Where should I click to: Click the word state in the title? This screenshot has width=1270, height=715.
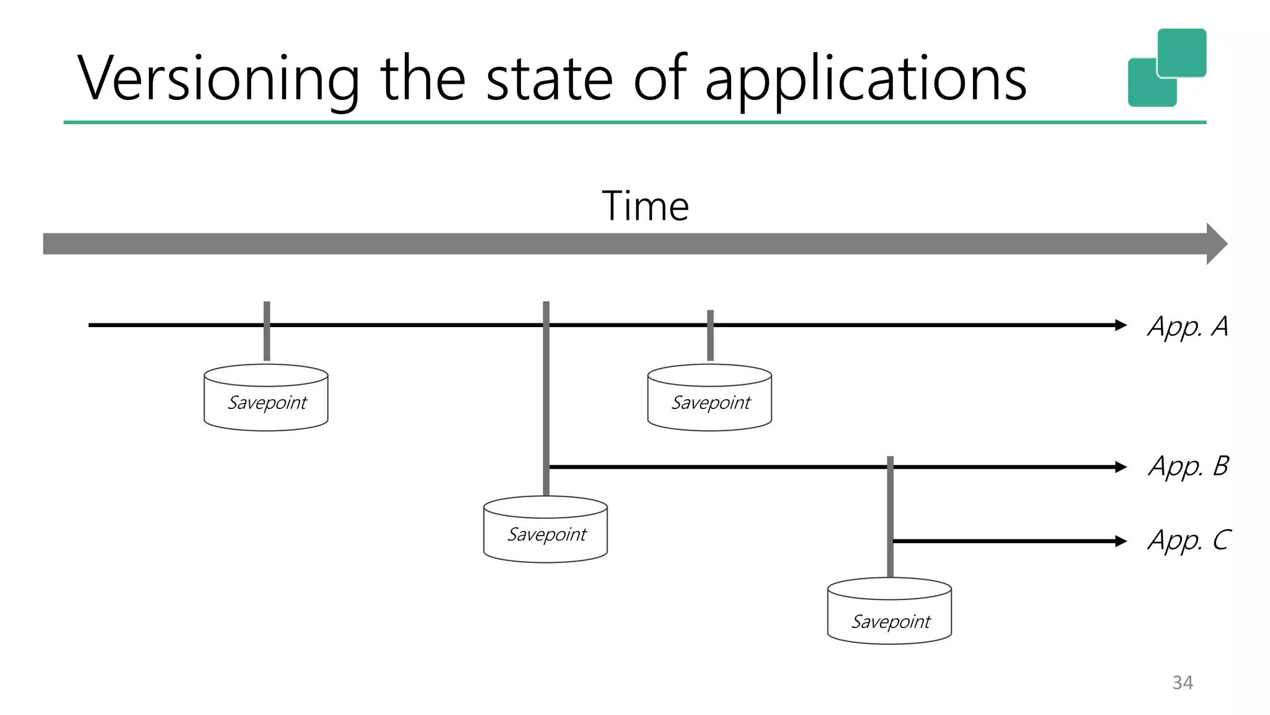[x=549, y=79]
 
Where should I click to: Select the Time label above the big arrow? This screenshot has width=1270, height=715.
[x=645, y=206]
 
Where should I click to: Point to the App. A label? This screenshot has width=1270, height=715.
[x=1188, y=326]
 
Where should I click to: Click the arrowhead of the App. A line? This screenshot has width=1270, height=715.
[x=1120, y=325]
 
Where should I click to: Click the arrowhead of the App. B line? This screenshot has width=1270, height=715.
[x=1120, y=467]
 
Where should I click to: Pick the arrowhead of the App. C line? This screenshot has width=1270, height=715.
[x=1120, y=541]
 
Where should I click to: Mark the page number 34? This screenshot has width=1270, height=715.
[x=1183, y=683]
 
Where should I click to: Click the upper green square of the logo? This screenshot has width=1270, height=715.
[x=1182, y=52]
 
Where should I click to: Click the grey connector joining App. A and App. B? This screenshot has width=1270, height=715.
[x=546, y=397]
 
